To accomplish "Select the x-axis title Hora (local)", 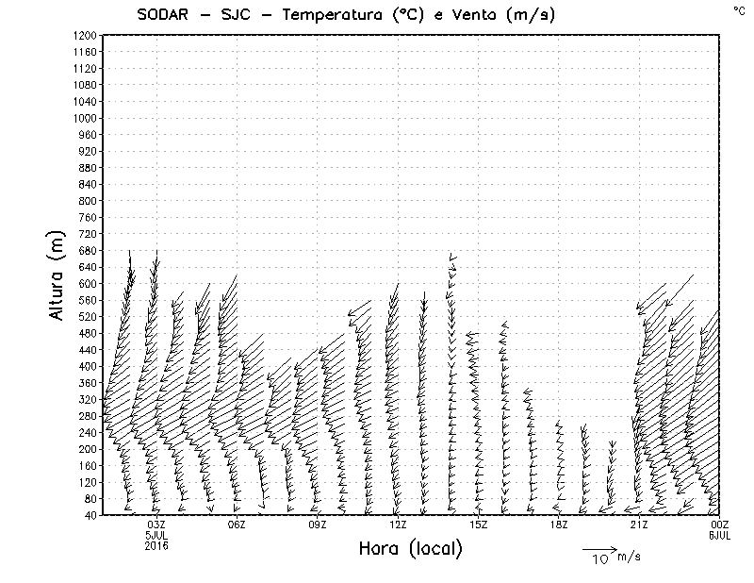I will coord(410,549).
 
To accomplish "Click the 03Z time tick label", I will coord(156,525).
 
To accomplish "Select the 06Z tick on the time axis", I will coord(237,525).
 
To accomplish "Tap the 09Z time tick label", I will coord(318,525).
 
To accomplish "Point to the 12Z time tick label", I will coord(398,525).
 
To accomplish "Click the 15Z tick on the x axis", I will coord(478,525).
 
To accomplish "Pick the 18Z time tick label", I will coord(559,525).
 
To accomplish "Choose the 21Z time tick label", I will coord(639,525).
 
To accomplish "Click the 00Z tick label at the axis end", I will coord(720,525).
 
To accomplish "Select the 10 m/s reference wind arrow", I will coord(598,548).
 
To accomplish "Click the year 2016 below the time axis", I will coord(156,544).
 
